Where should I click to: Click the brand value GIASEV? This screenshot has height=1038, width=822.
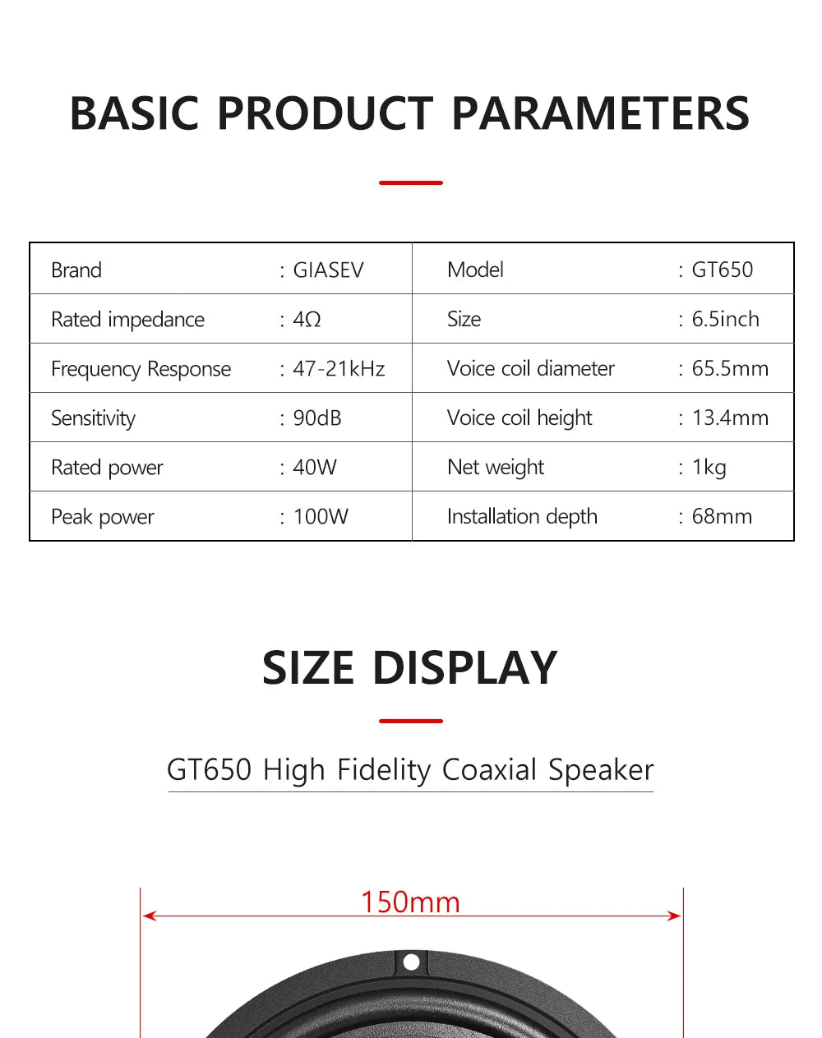point(328,270)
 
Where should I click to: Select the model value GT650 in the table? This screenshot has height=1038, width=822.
point(722,270)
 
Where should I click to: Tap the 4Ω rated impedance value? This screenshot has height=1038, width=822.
point(307,320)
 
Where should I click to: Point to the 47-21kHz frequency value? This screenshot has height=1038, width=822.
point(339,369)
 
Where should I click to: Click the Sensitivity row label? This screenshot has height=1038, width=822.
point(93,418)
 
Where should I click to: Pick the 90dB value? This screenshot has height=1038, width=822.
point(316,418)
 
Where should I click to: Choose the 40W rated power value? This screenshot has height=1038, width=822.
point(315,468)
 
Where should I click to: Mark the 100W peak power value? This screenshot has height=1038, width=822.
point(321,517)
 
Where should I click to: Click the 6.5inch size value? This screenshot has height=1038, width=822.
point(725,319)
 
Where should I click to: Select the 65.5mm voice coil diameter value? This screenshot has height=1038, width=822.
point(730,368)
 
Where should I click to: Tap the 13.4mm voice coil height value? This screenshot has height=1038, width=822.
point(730,418)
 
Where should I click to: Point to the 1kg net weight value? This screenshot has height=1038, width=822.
point(709,468)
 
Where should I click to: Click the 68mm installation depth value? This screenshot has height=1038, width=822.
point(722,516)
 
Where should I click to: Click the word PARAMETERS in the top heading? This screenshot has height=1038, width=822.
point(600,113)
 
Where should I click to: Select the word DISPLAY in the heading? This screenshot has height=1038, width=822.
point(464,667)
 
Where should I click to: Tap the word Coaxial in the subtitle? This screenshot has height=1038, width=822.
point(489,770)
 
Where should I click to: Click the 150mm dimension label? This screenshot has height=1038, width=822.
point(410,902)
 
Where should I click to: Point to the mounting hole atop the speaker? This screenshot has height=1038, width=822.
point(412,962)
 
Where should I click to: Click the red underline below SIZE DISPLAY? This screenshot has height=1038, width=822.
point(411,721)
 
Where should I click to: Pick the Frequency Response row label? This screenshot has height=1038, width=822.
point(141,369)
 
